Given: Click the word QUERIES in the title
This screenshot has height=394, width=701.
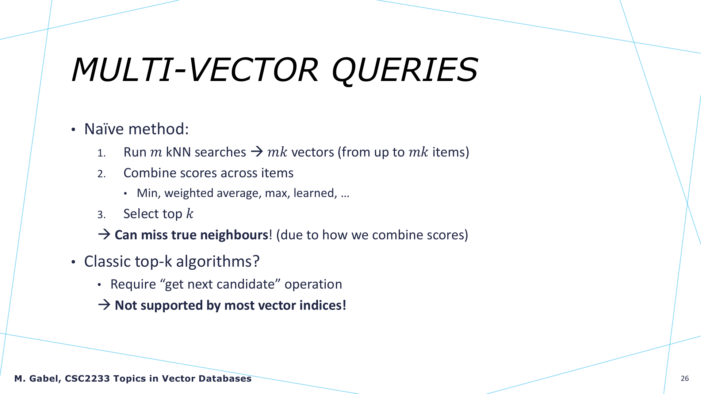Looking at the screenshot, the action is pyautogui.click(x=405, y=70).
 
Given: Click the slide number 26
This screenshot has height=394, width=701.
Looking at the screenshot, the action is pyautogui.click(x=685, y=379).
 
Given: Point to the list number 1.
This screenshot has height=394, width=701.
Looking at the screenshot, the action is pyautogui.click(x=101, y=153).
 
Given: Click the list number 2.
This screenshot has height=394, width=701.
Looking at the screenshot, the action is pyautogui.click(x=101, y=174).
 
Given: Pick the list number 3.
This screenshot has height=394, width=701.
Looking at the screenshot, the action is pyautogui.click(x=101, y=215).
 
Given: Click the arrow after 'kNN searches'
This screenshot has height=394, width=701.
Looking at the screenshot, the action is pyautogui.click(x=257, y=151).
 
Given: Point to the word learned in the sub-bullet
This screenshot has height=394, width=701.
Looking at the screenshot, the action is pyautogui.click(x=315, y=193).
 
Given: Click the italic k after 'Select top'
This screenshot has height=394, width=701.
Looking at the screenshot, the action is pyautogui.click(x=190, y=214).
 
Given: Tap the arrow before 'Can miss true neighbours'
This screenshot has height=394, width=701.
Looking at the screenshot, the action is pyautogui.click(x=104, y=234).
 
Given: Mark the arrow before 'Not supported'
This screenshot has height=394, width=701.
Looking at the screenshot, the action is pyautogui.click(x=104, y=305).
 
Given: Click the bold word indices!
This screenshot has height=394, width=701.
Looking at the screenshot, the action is pyautogui.click(x=323, y=305).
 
